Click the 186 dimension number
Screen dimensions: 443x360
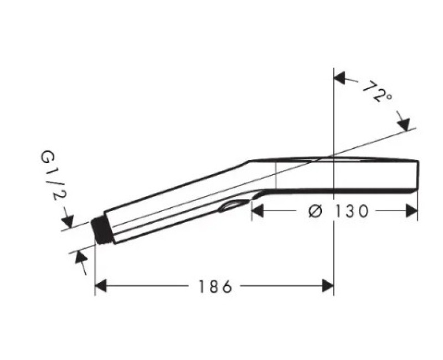pos(215,286)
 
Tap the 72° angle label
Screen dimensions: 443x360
pos(377,91)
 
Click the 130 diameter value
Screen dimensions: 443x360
pos(351,212)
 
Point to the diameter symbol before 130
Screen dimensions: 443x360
pos(315,212)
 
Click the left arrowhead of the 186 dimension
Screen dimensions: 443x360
pos(101,286)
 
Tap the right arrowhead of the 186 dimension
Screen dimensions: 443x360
pos(328,286)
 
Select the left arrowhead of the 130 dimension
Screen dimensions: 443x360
pos(257,211)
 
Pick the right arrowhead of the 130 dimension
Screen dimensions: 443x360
pos(411,211)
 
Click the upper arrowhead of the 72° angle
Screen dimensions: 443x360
pos(340,78)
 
